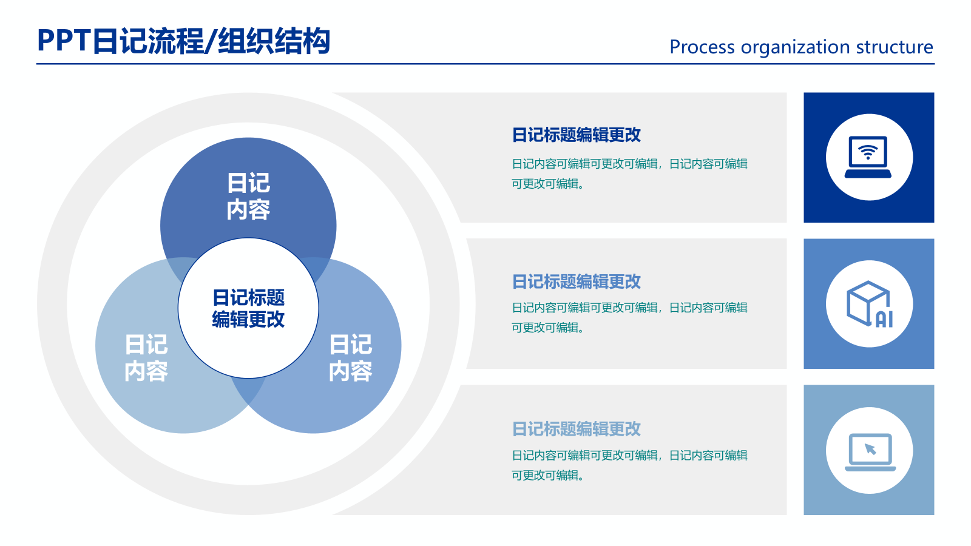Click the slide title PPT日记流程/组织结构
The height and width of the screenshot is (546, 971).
(183, 41)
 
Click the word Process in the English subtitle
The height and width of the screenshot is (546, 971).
(702, 47)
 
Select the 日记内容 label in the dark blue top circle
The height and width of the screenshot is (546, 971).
(248, 196)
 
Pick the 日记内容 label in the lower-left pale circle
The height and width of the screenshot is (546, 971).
(146, 358)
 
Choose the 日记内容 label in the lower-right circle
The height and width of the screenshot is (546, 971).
(350, 358)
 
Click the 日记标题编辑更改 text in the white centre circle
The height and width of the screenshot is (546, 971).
(248, 308)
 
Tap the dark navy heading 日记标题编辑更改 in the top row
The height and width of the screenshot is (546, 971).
(576, 135)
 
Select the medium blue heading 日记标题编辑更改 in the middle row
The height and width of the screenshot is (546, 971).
(576, 281)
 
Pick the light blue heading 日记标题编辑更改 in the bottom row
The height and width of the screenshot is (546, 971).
(576, 429)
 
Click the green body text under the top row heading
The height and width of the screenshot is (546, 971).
(629, 174)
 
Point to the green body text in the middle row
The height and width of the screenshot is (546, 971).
(629, 317)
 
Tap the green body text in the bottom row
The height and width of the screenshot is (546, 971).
(629, 465)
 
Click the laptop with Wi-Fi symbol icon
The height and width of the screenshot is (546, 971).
(868, 157)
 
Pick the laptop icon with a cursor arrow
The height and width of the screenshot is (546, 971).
(870, 451)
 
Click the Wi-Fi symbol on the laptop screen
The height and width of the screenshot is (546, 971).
(868, 152)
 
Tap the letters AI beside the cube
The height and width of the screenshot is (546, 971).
(884, 319)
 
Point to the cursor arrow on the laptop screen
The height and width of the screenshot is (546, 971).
(870, 449)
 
